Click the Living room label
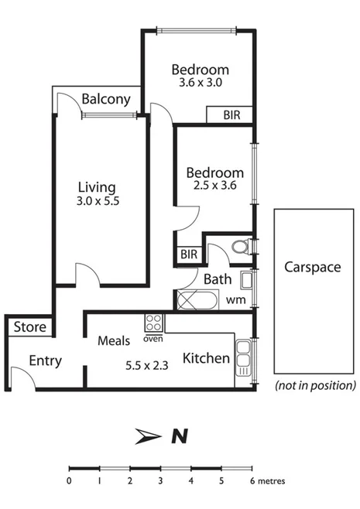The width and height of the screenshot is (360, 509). coord(97,187)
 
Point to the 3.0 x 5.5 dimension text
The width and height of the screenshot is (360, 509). coord(97,203)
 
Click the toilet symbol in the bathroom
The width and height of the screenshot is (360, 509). coord(240,248)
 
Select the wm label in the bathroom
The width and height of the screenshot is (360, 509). coord(235,299)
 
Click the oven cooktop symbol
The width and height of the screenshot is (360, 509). coord(153,323)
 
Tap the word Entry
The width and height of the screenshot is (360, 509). coord(45,361)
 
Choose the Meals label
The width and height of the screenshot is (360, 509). coord(113,340)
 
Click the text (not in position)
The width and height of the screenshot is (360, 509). coord(315,384)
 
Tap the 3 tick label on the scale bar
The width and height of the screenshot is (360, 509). coord(160,481)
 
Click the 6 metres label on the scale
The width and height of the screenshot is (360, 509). coord(268,481)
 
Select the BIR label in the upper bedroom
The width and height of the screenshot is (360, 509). coord(231,114)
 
